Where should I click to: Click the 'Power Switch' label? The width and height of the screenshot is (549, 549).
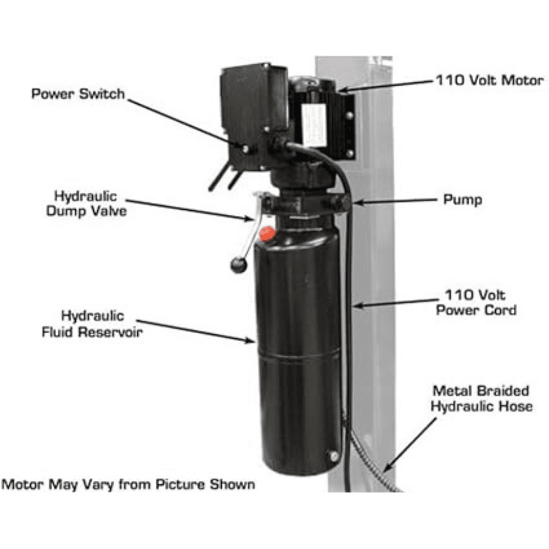[78, 94]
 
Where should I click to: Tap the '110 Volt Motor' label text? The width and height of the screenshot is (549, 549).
[490, 80]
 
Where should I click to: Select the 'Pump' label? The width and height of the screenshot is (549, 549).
[462, 200]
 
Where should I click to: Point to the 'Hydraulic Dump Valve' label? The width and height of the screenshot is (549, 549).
[86, 204]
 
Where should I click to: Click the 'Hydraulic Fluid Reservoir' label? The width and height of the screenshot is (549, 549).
[92, 323]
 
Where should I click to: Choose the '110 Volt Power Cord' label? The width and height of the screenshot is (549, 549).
[476, 302]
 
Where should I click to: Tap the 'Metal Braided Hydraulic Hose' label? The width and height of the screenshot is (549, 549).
[481, 399]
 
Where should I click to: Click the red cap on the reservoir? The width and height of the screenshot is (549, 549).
[267, 233]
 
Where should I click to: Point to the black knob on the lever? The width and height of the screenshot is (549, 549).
[238, 265]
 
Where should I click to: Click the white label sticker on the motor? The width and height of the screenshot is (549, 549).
[314, 125]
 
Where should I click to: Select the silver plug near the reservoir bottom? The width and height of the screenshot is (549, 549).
[334, 456]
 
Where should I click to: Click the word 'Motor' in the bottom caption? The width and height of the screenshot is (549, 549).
[23, 485]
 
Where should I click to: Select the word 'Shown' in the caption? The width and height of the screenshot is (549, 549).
[232, 485]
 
